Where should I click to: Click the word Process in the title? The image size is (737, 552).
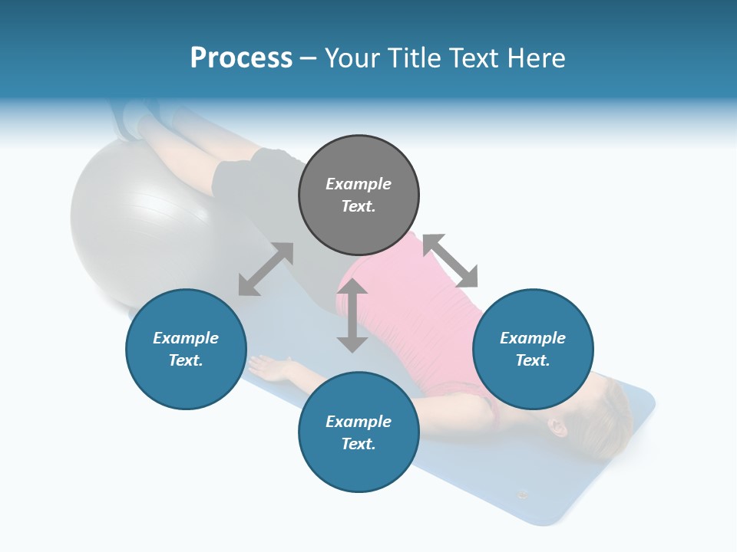point(241,58)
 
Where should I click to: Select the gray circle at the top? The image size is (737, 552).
point(359,195)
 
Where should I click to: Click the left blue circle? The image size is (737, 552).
point(186,349)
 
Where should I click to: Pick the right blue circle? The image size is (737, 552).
point(533,349)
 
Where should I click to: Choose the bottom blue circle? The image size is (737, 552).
point(359,432)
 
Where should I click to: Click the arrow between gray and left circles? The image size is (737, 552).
point(266,269)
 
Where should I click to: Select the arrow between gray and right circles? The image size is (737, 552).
point(450,261)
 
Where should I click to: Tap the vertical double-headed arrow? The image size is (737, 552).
point(352,315)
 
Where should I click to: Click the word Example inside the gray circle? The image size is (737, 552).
point(359,184)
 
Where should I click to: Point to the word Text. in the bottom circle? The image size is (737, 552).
point(359,444)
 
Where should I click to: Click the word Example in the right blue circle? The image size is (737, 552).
point(533,338)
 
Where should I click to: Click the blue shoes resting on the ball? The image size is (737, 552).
point(131,119)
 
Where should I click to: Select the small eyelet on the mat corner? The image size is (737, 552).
point(524,494)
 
